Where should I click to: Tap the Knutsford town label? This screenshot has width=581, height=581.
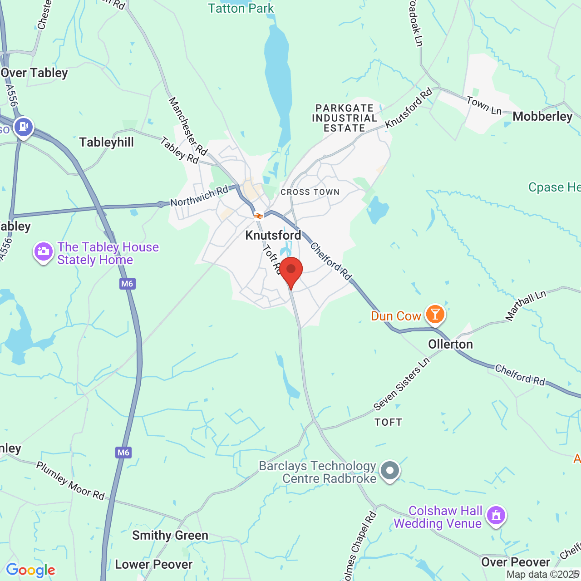(273, 235)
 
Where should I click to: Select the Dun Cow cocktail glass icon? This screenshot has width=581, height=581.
(435, 314)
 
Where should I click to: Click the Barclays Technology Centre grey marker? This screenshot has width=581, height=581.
(389, 471)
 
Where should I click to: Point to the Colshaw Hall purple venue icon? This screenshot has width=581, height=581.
(496, 516)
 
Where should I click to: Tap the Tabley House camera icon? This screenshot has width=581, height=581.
(44, 252)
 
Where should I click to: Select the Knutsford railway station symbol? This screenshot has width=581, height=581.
(259, 216)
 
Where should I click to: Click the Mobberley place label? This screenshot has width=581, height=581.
(542, 117)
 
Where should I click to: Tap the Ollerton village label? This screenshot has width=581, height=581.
(451, 344)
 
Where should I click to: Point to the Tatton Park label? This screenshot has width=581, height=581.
(241, 8)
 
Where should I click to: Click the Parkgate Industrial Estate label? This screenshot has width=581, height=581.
(345, 118)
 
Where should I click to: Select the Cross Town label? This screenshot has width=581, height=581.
(310, 192)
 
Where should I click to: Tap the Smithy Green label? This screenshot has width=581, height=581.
(170, 536)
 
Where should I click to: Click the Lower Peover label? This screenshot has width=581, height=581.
(154, 564)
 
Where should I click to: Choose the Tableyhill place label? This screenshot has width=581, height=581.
(107, 142)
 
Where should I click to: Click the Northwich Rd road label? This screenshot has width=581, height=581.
(199, 196)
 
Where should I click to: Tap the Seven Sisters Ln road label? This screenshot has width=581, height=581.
(401, 384)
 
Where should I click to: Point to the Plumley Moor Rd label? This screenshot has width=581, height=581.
(70, 481)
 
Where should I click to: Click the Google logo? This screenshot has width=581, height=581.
(30, 570)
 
